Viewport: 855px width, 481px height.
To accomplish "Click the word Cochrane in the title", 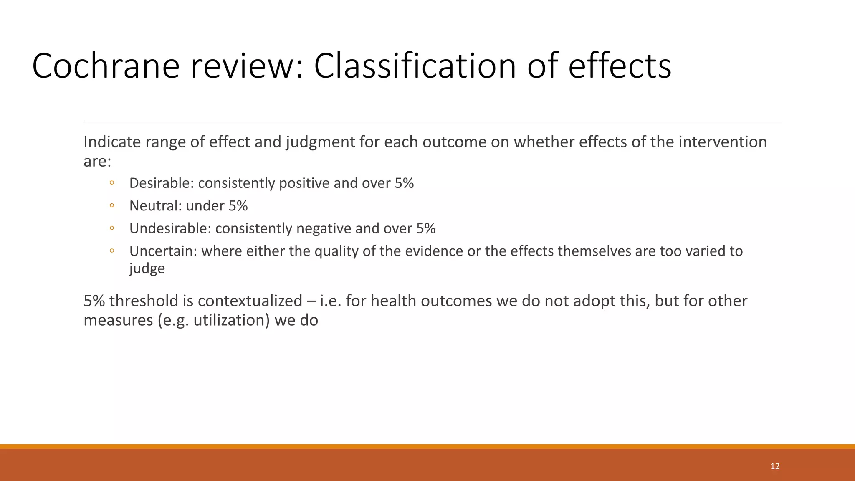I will point(106,66).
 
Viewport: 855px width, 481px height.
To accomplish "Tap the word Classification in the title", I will point(415,66).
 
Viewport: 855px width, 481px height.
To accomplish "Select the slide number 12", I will point(775,466).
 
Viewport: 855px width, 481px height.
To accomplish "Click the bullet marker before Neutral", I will point(111,205).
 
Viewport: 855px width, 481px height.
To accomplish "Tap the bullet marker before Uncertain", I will point(111,251).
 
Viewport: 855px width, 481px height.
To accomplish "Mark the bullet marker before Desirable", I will point(111,183).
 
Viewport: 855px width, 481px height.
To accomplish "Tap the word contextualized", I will point(250,301).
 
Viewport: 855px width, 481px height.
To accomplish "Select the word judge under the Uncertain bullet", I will point(147,268).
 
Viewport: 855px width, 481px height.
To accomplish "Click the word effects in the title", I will point(620,66).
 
